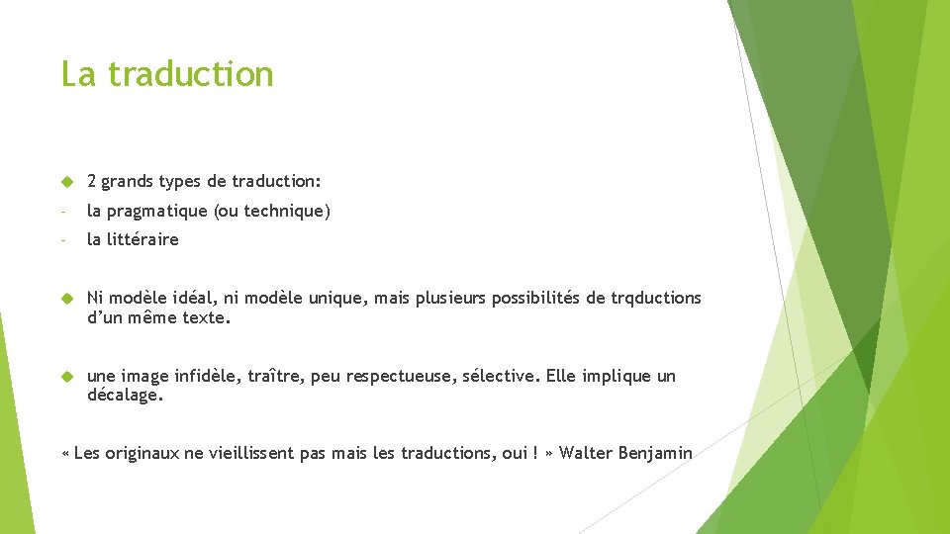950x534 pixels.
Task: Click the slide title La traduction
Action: [x=166, y=74]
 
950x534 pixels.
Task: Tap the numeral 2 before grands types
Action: [x=92, y=181]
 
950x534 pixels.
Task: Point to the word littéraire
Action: [x=144, y=239]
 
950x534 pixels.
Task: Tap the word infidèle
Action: [x=207, y=376]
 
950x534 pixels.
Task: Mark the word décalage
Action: [x=125, y=396]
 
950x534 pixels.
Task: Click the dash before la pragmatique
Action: [x=63, y=211]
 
